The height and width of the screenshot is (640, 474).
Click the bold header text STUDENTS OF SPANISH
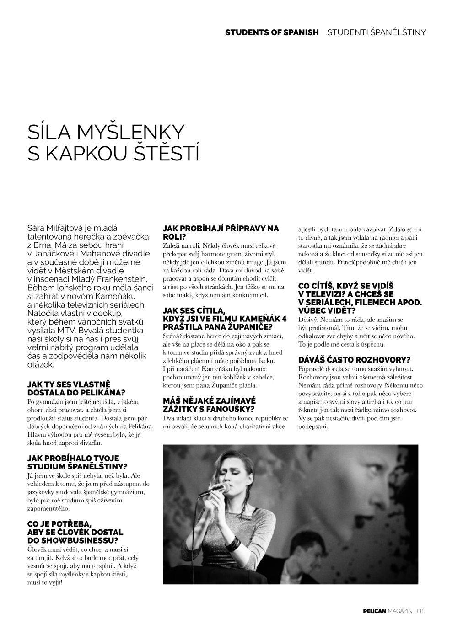pyautogui.click(x=272, y=32)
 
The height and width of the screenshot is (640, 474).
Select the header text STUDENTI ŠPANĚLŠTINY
pyautogui.click(x=376, y=32)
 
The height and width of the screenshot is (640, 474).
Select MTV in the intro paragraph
pyautogui.click(x=72, y=330)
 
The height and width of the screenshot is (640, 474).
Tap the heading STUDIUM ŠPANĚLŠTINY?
pyautogui.click(x=78, y=466)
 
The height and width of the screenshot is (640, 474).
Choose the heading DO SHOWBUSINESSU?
pyautogui.click(x=73, y=541)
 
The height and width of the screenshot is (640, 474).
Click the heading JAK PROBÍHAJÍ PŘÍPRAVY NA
pyautogui.click(x=221, y=228)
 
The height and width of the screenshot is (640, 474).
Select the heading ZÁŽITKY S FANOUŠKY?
pyautogui.click(x=209, y=409)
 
